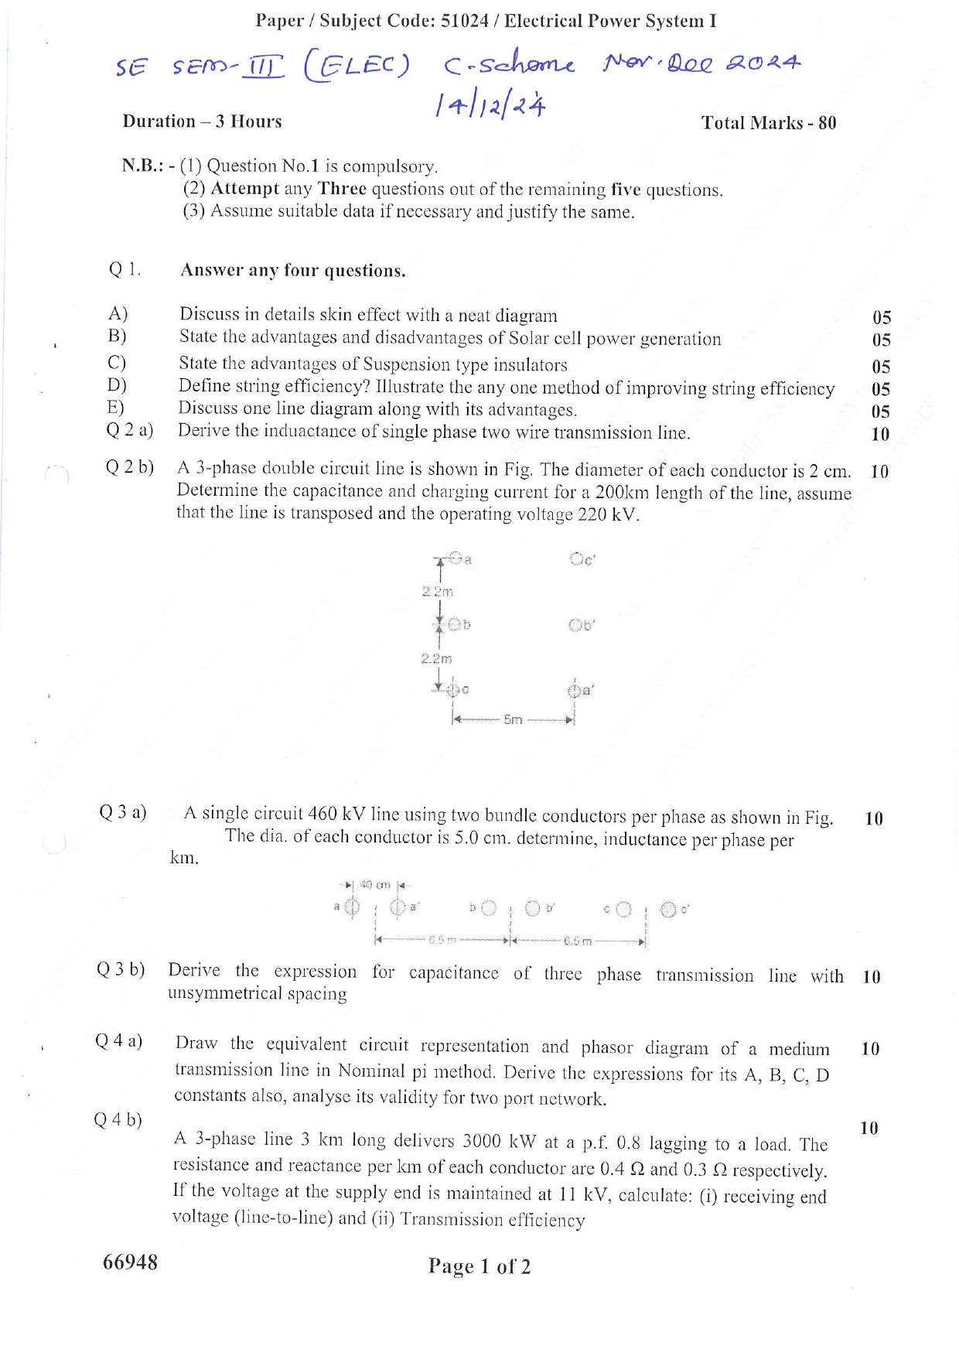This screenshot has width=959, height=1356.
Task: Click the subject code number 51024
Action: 464,21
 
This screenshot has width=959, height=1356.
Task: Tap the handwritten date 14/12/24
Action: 490,104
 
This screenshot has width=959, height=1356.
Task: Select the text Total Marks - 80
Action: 768,123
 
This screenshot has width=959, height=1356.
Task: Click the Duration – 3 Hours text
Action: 202,121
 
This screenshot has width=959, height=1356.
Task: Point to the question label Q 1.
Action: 125,269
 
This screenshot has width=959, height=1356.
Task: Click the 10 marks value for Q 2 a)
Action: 880,435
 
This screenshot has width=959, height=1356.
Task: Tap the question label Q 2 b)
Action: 130,467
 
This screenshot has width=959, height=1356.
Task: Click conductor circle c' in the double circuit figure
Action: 577,558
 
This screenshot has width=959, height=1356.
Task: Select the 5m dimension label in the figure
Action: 513,719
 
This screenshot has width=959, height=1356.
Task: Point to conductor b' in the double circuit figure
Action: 575,625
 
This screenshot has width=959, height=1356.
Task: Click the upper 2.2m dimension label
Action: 438,592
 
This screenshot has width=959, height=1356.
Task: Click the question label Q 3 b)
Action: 121,969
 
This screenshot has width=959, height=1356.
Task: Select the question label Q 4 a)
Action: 119,1041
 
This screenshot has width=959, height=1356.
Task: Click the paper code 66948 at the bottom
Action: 130,1262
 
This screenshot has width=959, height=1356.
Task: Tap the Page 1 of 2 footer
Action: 479,1266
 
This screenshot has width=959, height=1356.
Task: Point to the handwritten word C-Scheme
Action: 509,65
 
